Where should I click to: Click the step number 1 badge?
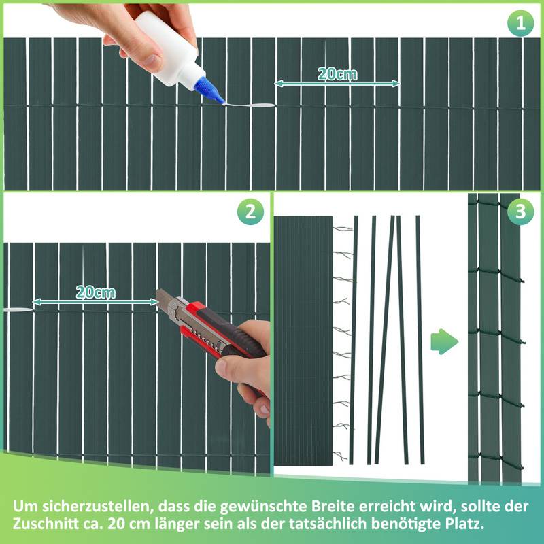click(521, 24)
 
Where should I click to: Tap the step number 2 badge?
click(250, 212)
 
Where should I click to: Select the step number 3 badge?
click(521, 212)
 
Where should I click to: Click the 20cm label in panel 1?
click(337, 74)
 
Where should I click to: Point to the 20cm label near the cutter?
click(95, 292)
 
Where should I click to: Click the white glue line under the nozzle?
click(248, 106)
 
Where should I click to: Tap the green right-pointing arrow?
click(445, 340)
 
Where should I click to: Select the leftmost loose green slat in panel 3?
click(354, 340)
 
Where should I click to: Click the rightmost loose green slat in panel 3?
click(420, 340)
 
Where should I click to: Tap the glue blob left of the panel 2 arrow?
click(17, 309)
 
